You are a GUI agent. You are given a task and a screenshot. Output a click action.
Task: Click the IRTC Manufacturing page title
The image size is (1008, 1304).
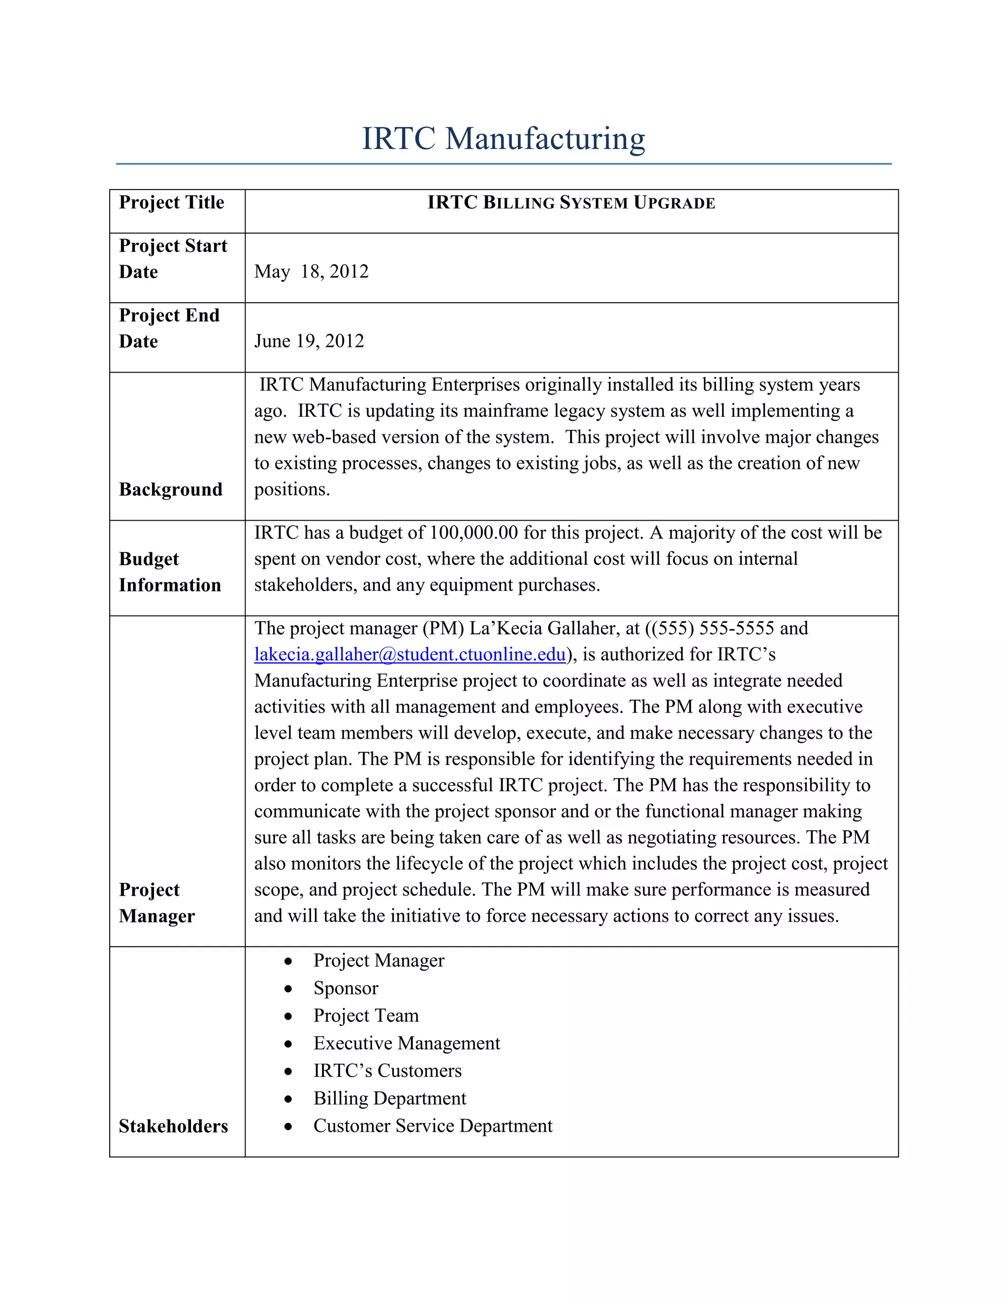tap(504, 139)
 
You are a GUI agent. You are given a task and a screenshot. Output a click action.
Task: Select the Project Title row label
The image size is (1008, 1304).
tap(171, 202)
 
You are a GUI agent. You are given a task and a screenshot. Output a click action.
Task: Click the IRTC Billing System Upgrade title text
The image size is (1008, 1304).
tap(571, 203)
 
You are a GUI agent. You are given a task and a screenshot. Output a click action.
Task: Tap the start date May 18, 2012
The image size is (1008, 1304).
tap(311, 272)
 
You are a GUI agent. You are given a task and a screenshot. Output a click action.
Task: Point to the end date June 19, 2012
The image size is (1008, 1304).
tap(309, 341)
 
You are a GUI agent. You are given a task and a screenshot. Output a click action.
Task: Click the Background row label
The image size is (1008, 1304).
tap(170, 490)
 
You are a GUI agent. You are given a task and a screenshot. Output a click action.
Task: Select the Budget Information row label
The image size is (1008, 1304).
tap(170, 572)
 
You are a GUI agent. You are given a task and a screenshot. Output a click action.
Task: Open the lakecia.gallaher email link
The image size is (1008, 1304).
tap(409, 654)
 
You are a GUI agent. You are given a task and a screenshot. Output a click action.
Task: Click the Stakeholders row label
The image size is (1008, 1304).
tap(173, 1126)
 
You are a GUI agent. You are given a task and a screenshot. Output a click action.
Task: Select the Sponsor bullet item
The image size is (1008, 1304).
tap(346, 988)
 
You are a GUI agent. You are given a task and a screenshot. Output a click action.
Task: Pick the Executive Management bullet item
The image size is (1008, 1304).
tap(407, 1043)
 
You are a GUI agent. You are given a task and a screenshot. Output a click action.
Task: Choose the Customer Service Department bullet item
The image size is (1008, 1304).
tap(433, 1125)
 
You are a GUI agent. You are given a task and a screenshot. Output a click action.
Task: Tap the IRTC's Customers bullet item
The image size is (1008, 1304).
tap(387, 1071)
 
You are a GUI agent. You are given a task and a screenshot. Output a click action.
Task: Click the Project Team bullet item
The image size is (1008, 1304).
tap(366, 1016)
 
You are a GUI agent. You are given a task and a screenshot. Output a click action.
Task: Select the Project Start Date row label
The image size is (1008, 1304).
tap(173, 258)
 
